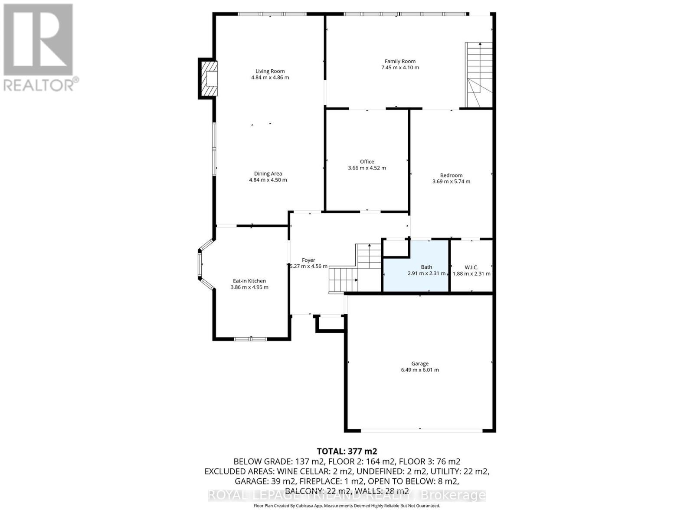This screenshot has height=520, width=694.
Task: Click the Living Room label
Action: pyautogui.click(x=270, y=71)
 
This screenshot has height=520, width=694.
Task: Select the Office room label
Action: pyautogui.click(x=367, y=162)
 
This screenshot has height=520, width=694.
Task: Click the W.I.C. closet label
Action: pyautogui.click(x=471, y=267)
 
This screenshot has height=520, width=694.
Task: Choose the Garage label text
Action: pyautogui.click(x=420, y=364)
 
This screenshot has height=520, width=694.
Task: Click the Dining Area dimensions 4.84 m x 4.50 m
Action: pyautogui.click(x=268, y=180)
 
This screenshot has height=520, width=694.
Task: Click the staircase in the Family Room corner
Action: pyautogui.click(x=479, y=75)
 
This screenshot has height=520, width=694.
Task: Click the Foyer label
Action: pyautogui.click(x=308, y=260)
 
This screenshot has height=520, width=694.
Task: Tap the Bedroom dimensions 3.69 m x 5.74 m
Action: pyautogui.click(x=451, y=182)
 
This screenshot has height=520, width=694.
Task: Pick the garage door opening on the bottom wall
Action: pyautogui.click(x=421, y=430)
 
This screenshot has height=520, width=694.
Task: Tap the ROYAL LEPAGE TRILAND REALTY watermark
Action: pyautogui.click(x=347, y=495)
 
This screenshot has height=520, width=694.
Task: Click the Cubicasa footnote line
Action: pyautogui.click(x=347, y=506)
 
